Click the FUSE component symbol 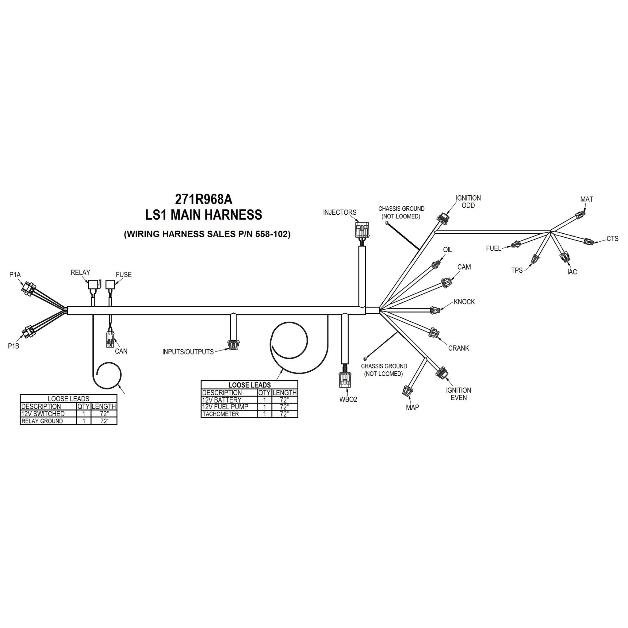(x=110, y=285)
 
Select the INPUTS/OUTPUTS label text (x=188, y=352)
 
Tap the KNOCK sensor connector (x=434, y=310)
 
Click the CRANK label (x=458, y=348)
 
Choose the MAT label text (x=586, y=199)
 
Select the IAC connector (x=564, y=256)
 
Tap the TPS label (x=517, y=270)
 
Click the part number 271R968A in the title (x=204, y=199)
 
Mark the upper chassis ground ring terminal (x=387, y=223)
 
